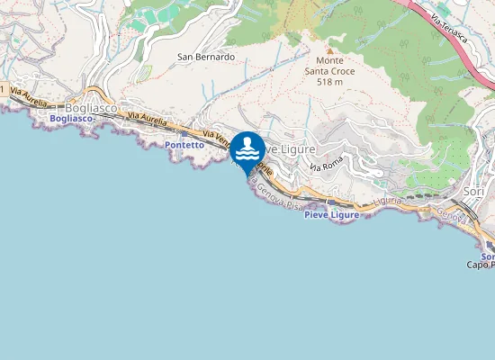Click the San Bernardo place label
[206, 57]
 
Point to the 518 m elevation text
[330, 82]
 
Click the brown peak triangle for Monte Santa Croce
[329, 50]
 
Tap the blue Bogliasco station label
[71, 119]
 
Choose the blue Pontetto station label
[184, 144]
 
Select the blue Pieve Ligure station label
[331, 215]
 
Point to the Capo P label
[480, 265]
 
